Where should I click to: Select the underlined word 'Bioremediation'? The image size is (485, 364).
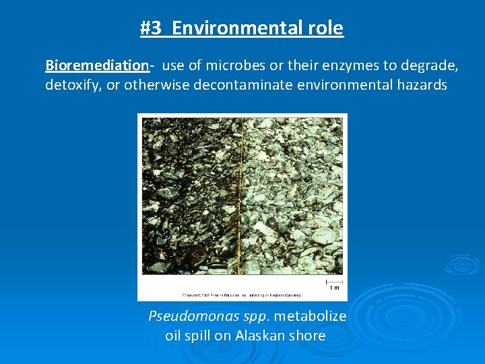click(96, 65)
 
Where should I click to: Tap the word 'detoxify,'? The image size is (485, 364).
click(73, 86)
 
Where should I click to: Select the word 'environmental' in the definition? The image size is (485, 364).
click(342, 86)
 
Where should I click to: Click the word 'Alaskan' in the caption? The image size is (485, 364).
click(260, 336)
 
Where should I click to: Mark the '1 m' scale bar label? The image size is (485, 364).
click(334, 288)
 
